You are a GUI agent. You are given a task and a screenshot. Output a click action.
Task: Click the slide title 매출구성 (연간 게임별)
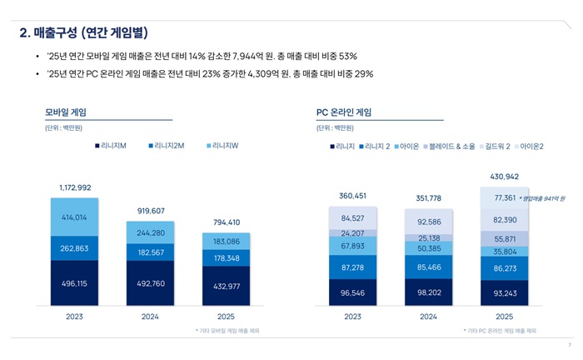coord(83,32)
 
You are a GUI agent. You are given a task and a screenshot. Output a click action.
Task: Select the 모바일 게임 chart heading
coord(66,112)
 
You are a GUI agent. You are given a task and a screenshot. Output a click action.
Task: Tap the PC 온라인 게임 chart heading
coord(344,112)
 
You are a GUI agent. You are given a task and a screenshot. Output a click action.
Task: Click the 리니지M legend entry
coord(112,146)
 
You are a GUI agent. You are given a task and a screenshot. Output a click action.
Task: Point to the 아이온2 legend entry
coord(529,146)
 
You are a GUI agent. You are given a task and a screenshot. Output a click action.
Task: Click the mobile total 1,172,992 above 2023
coord(75,188)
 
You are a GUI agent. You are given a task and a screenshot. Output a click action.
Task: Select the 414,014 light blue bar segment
coord(75,217)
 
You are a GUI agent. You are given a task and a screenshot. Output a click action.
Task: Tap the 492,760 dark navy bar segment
coord(151,283)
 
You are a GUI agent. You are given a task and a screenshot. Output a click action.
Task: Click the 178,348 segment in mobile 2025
coord(226,258)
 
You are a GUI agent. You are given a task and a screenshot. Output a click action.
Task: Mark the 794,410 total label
coord(226,222)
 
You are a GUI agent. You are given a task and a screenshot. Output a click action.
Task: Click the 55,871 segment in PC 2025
coord(504,238)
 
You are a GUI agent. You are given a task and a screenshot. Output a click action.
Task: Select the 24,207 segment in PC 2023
coord(352,233)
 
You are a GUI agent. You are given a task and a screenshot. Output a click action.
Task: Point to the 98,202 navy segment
coord(428,293)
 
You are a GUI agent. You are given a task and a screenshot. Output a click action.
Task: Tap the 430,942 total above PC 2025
coord(504,177)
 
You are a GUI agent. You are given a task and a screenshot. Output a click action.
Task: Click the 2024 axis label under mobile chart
coord(151,317)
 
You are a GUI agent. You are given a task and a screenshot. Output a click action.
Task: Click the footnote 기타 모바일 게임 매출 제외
coord(227,331)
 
